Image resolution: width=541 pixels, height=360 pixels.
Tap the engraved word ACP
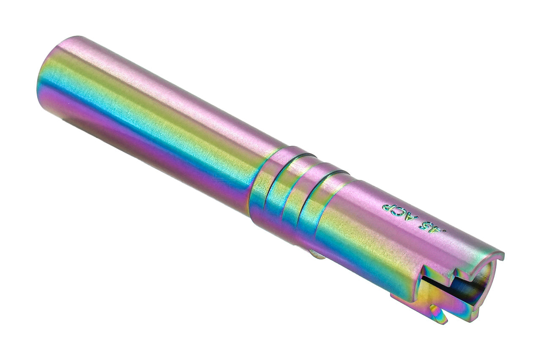[400, 211]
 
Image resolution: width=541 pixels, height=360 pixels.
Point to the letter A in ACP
[411, 216]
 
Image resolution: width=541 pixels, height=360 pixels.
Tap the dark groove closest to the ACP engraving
[321, 199]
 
